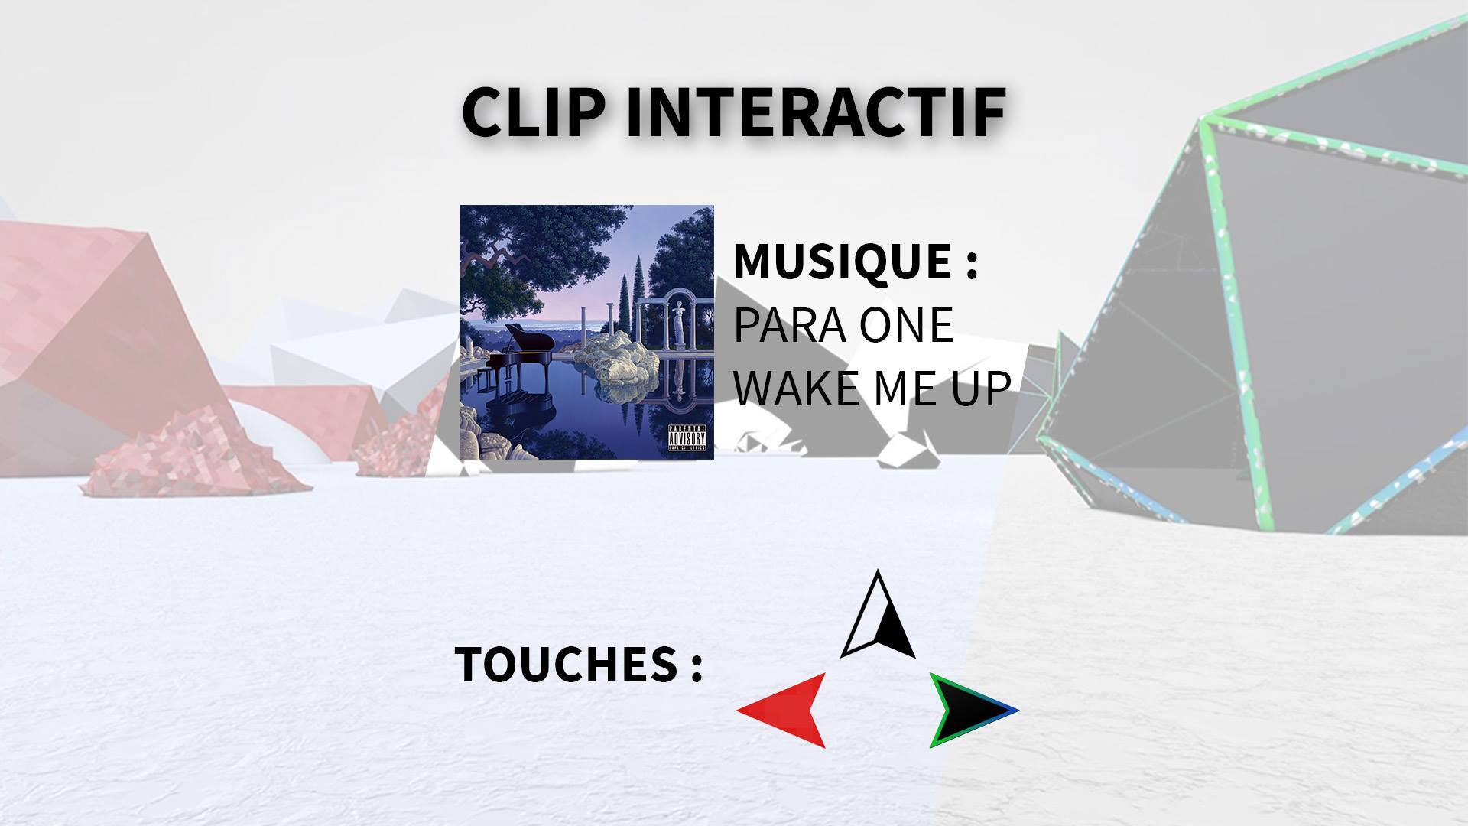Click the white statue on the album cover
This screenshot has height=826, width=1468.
(x=675, y=321)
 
